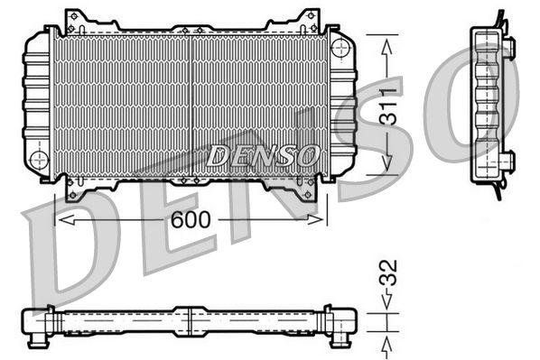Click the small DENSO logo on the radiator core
pos(263,156)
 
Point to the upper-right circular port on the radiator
pos(340,47)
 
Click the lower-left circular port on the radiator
pos(39,160)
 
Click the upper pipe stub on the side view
pos(508,45)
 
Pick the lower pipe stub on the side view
pos(508,162)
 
